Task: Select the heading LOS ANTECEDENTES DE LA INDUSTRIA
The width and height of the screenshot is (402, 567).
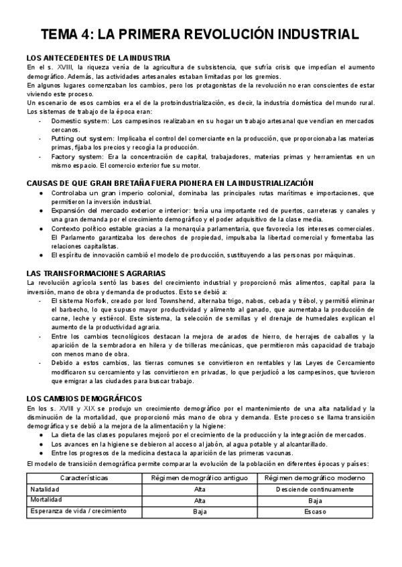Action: pyautogui.click(x=98, y=58)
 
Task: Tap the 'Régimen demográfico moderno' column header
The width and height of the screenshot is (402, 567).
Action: pyautogui.click(x=315, y=478)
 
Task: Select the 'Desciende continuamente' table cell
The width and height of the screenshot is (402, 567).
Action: pyautogui.click(x=315, y=489)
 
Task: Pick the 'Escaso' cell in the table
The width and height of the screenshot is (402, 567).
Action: pyautogui.click(x=315, y=512)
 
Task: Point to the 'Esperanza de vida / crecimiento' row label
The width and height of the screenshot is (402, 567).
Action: pyautogui.click(x=77, y=512)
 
